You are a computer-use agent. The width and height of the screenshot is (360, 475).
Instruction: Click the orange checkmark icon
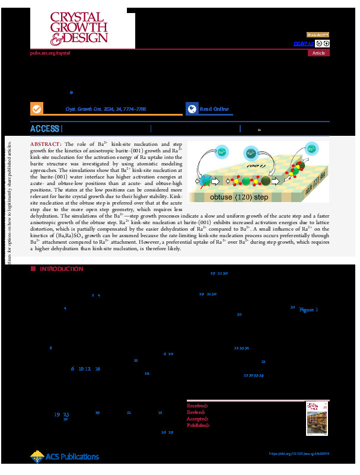click(x=37, y=109)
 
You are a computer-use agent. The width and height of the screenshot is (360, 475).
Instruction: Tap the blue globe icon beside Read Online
click(x=192, y=109)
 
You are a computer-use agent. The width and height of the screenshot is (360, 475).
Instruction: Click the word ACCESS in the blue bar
click(x=45, y=129)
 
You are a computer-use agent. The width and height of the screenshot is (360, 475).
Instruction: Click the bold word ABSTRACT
click(x=45, y=145)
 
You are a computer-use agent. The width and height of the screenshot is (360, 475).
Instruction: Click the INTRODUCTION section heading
click(x=61, y=269)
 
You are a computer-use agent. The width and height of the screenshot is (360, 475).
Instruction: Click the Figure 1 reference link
click(x=308, y=310)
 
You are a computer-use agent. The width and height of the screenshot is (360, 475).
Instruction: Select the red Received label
click(x=197, y=406)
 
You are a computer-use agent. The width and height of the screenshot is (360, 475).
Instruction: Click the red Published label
click(x=198, y=425)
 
